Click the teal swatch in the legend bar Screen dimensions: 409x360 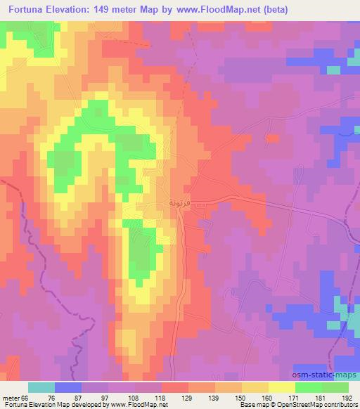[42, 387]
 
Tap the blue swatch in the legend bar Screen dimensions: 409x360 [69, 387]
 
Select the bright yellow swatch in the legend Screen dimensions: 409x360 [282, 387]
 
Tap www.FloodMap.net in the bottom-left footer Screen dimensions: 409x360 [134, 405]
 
